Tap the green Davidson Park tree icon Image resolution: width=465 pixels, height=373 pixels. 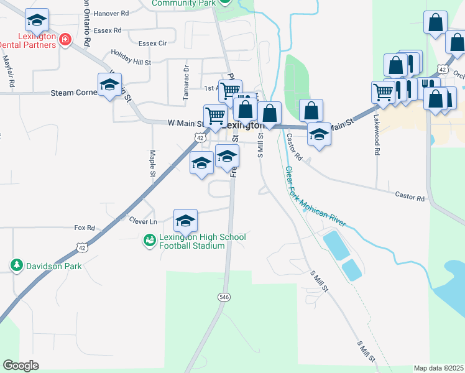click(16, 266)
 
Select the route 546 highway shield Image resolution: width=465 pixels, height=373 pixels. click(224, 297)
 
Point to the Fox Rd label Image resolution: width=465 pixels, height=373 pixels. click(84, 228)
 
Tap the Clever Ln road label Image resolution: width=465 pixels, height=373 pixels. click(144, 221)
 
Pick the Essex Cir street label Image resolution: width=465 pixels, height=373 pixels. click(153, 44)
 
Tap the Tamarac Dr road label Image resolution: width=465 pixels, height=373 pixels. click(185, 83)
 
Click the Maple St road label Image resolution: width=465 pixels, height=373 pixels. click(152, 162)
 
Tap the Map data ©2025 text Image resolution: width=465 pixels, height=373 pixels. click(438, 368)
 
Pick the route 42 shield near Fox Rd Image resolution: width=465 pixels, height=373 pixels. click(81, 247)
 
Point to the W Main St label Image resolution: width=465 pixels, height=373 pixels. click(177, 124)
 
